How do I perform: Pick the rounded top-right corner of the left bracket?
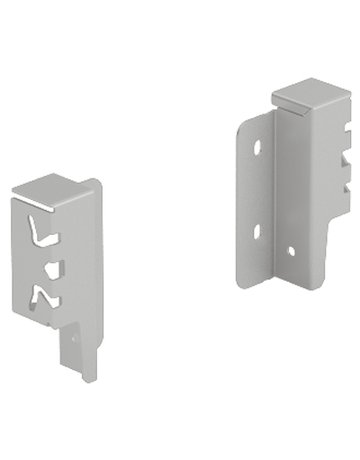click(x=97, y=184)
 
